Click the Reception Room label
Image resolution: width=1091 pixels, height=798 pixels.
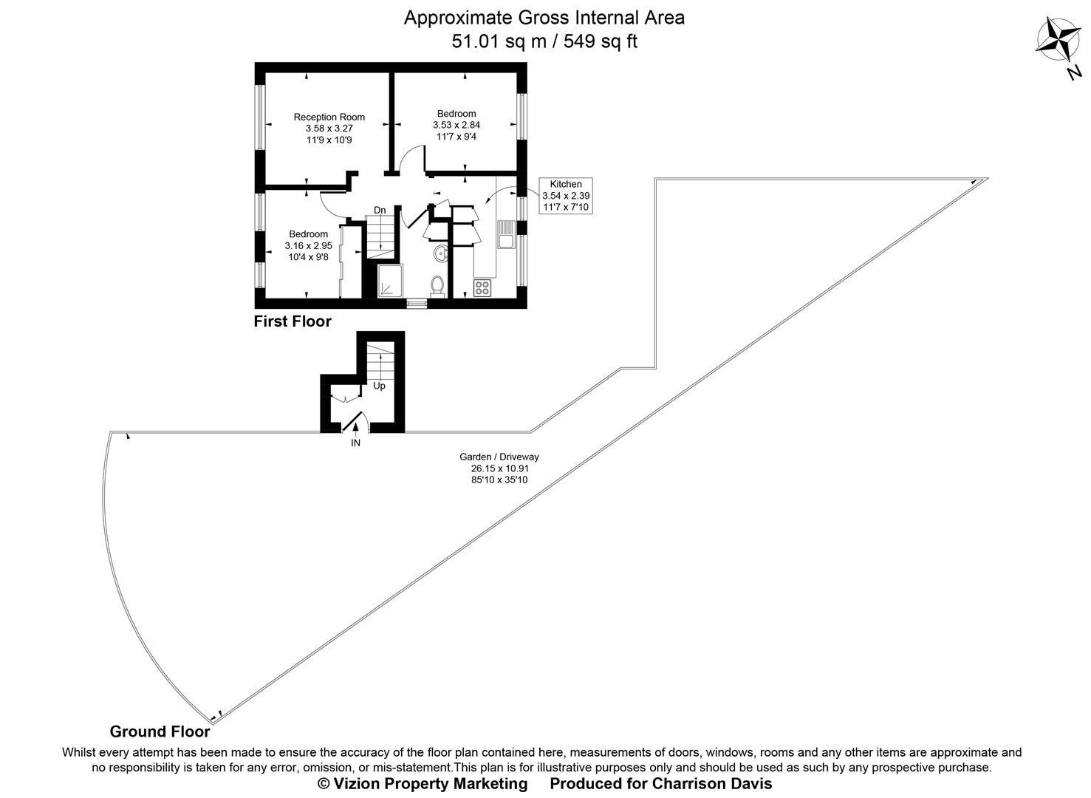329,117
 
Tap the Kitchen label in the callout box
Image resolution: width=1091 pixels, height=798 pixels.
566,184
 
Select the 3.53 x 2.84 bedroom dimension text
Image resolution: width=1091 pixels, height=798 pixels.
456,125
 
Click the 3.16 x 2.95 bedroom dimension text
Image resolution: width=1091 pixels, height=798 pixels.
308,245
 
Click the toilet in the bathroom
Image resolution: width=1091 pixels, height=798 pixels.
437,284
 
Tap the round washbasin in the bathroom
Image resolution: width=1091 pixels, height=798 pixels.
441,253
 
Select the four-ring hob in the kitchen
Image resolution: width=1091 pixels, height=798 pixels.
482,287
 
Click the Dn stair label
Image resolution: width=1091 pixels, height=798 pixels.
380,211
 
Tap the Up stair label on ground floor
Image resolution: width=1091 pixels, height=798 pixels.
379,386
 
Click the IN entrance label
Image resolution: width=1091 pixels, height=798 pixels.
355,443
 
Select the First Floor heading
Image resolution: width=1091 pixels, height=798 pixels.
293,321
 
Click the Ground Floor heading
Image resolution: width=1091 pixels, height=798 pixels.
160,731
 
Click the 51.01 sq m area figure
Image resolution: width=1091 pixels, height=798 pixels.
499,41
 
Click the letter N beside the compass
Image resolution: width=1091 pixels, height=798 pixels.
1074,72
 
